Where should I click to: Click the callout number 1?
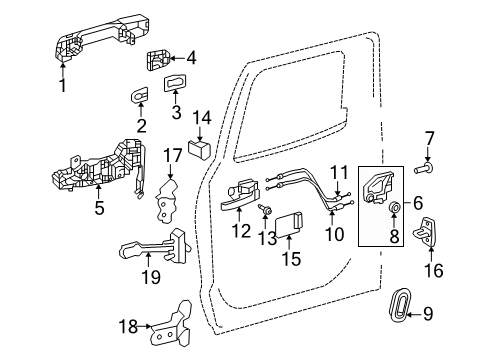[x=61, y=86]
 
